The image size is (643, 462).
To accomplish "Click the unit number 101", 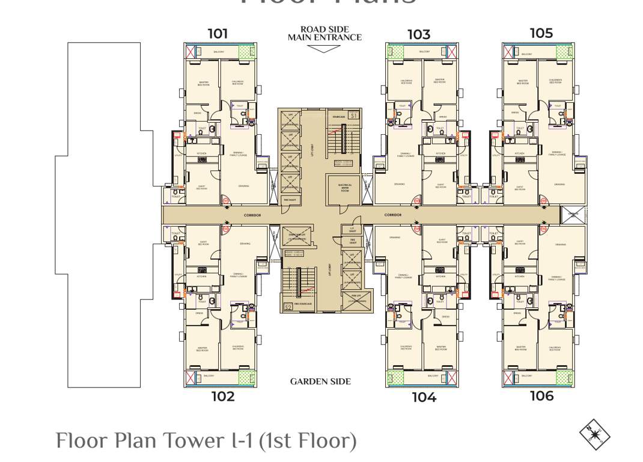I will click(x=218, y=34).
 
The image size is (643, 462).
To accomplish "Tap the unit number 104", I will click(x=424, y=397).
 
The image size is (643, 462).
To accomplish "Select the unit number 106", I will click(x=541, y=396).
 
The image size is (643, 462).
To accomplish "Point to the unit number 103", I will click(x=419, y=34).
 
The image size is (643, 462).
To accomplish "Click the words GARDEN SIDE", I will click(x=320, y=381).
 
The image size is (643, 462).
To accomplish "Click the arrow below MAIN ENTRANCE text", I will click(x=324, y=49).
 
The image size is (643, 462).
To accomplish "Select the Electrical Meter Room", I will click(x=345, y=188).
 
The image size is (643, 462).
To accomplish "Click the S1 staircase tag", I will click(x=353, y=115).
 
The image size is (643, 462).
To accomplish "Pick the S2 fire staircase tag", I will click(x=288, y=307).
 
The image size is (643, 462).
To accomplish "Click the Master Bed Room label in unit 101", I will click(x=204, y=84).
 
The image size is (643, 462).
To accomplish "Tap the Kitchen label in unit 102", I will click(x=201, y=276).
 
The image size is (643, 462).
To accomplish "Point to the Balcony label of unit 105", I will click(x=527, y=54).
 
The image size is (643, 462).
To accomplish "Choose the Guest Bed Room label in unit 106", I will click(x=520, y=243).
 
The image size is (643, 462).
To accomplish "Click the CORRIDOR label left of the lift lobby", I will click(x=252, y=215).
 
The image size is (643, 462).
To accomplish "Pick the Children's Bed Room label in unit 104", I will click(x=406, y=348).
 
